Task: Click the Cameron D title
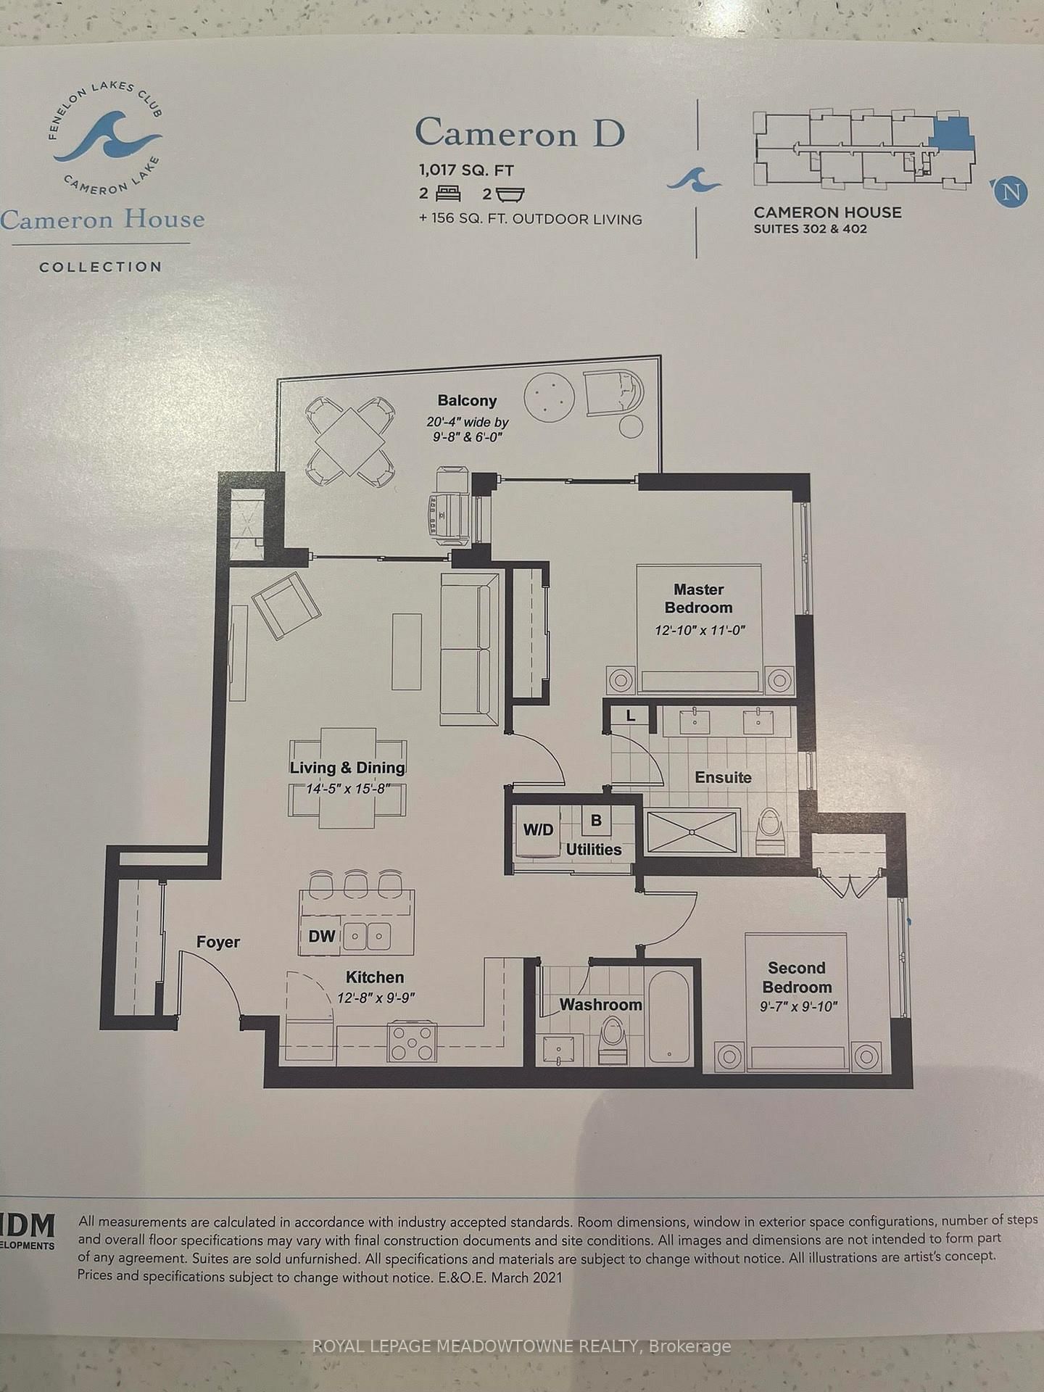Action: click(x=519, y=133)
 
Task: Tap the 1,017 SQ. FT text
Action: click(x=465, y=170)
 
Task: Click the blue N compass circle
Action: click(x=1011, y=192)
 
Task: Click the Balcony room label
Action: click(x=467, y=401)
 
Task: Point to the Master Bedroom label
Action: click(x=698, y=599)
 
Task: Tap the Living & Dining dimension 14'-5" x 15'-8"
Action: click(x=348, y=788)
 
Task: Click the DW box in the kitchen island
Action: click(x=321, y=936)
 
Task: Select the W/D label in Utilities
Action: click(x=538, y=830)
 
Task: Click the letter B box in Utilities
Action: click(x=596, y=821)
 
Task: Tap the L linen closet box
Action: click(x=631, y=716)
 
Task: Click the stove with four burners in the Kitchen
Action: click(x=413, y=1043)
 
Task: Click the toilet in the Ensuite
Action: click(x=768, y=831)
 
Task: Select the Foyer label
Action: click(x=217, y=942)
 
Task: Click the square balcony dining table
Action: click(x=350, y=439)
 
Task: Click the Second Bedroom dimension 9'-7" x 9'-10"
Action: click(x=798, y=1006)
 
